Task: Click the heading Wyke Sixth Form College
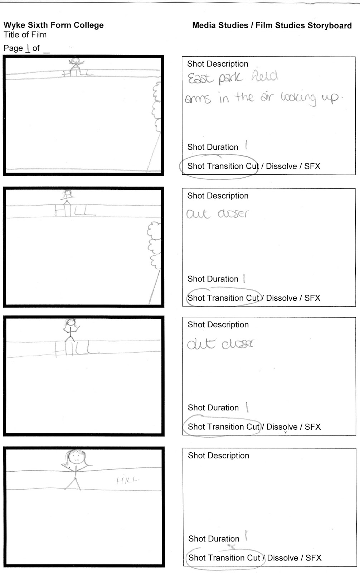(x=54, y=25)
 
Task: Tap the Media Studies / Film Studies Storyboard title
(x=272, y=26)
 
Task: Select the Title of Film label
(x=25, y=35)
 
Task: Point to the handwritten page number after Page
(x=28, y=48)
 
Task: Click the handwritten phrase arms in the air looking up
(x=263, y=98)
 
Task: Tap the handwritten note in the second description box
(x=217, y=214)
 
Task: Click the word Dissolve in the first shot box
(x=281, y=166)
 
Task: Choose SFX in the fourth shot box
(x=313, y=558)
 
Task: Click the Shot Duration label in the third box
(x=213, y=408)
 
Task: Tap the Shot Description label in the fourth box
(x=219, y=456)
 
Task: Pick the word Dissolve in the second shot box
(x=282, y=298)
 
